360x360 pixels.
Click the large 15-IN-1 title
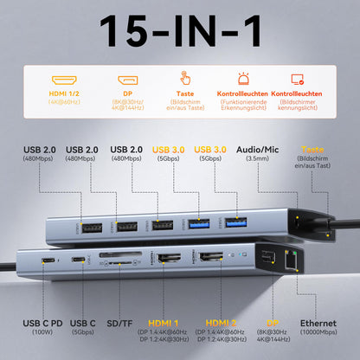[x=180, y=32]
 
